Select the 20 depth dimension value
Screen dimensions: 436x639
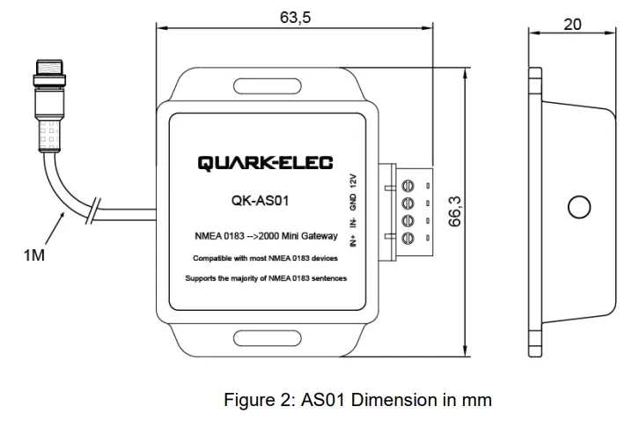(572, 24)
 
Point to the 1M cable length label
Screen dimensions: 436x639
(33, 255)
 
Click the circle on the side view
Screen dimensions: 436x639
(578, 208)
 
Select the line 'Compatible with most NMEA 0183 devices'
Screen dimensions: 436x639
(266, 259)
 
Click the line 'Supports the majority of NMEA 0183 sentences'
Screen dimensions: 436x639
(266, 278)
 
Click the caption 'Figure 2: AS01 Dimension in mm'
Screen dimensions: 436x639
(357, 400)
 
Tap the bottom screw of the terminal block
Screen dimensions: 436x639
(408, 238)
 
